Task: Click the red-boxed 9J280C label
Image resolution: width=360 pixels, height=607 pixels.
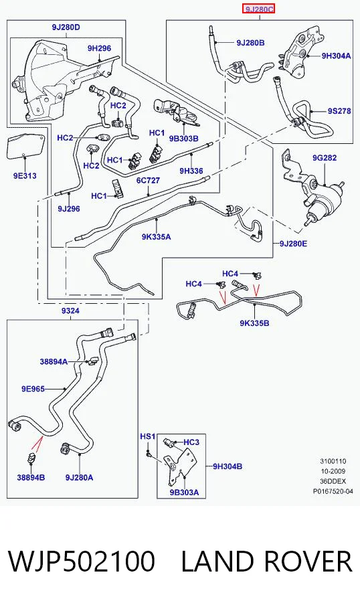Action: [x=258, y=8]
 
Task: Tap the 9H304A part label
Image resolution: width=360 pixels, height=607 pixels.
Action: [x=336, y=56]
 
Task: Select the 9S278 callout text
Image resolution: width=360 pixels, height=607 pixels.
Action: [x=339, y=111]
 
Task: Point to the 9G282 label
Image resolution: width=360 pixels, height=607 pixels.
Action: [x=325, y=157]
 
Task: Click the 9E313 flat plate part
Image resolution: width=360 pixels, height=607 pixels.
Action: [x=25, y=147]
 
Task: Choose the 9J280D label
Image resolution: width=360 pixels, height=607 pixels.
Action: [x=66, y=27]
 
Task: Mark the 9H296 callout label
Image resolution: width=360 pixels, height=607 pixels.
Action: [x=99, y=48]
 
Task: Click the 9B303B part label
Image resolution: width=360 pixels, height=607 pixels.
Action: [x=183, y=139]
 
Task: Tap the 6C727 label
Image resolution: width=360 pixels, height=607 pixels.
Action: [x=148, y=181]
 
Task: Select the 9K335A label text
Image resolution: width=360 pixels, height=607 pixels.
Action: [x=156, y=236]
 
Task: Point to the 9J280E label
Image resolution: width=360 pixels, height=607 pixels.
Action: [x=293, y=244]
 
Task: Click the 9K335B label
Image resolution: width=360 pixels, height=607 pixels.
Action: [x=254, y=323]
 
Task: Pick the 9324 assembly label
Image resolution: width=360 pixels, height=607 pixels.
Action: [x=70, y=311]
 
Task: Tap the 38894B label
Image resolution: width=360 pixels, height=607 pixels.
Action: [x=31, y=477]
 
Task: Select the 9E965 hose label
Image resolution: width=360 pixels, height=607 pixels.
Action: [x=33, y=389]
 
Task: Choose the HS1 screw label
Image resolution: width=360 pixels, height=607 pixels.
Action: [x=147, y=436]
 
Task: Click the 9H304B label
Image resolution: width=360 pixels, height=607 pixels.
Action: [x=228, y=466]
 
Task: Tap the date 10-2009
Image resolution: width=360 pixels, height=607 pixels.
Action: [x=333, y=471]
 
